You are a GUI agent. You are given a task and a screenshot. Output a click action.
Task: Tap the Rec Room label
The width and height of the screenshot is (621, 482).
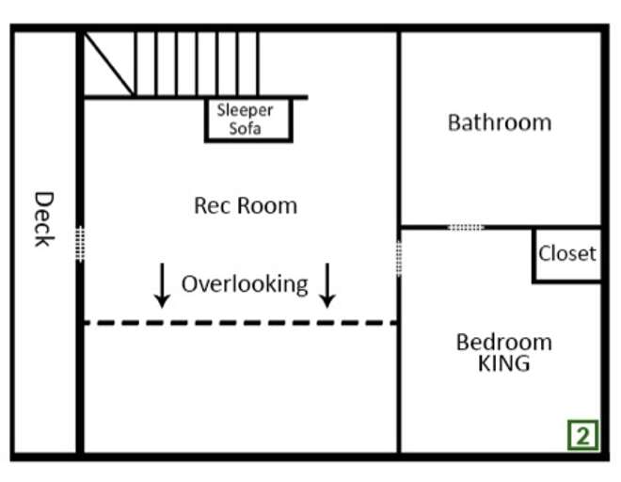[245, 205]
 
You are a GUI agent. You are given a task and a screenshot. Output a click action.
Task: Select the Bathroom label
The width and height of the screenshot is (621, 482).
[499, 122]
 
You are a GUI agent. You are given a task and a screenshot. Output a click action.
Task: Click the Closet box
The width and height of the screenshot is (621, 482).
[566, 253]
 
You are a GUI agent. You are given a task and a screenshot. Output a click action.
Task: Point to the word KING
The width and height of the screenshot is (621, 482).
[503, 363]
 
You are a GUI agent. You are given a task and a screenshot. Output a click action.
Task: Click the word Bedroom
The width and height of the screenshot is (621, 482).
[503, 342]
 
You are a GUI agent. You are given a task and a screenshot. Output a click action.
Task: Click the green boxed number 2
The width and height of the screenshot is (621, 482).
[582, 435]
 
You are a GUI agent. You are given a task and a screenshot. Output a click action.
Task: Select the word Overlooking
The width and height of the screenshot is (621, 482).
[245, 283]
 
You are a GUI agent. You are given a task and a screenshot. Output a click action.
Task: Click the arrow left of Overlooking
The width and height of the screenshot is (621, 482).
[162, 285]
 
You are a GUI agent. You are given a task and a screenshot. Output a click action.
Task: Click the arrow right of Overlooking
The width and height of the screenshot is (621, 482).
[327, 285]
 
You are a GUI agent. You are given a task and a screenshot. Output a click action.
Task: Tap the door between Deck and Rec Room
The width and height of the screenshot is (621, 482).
[80, 244]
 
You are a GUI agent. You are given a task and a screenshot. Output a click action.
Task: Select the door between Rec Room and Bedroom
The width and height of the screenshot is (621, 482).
[399, 258]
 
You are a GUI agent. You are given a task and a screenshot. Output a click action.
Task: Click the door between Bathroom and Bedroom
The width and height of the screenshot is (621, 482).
[466, 227]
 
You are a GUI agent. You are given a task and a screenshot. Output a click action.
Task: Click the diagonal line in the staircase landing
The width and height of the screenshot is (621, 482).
[108, 63]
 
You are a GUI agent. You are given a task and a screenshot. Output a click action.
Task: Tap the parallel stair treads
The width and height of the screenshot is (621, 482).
[198, 63]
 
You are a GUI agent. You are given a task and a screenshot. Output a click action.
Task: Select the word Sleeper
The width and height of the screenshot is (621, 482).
[245, 110]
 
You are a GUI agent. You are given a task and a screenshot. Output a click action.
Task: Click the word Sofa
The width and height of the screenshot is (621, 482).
[245, 129]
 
